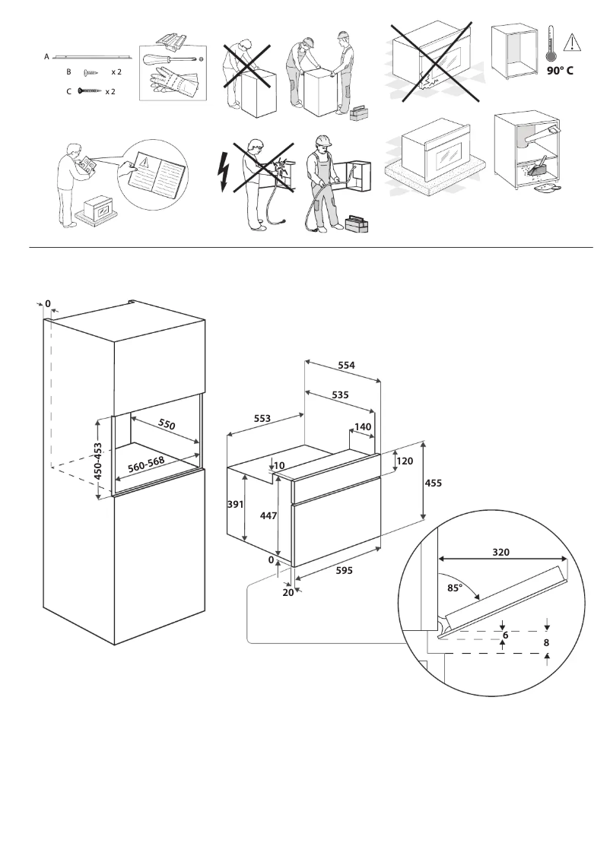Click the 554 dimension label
coord(347,365)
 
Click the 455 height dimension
coord(432,483)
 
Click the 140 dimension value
coord(362,427)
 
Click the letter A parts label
coord(47,57)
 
